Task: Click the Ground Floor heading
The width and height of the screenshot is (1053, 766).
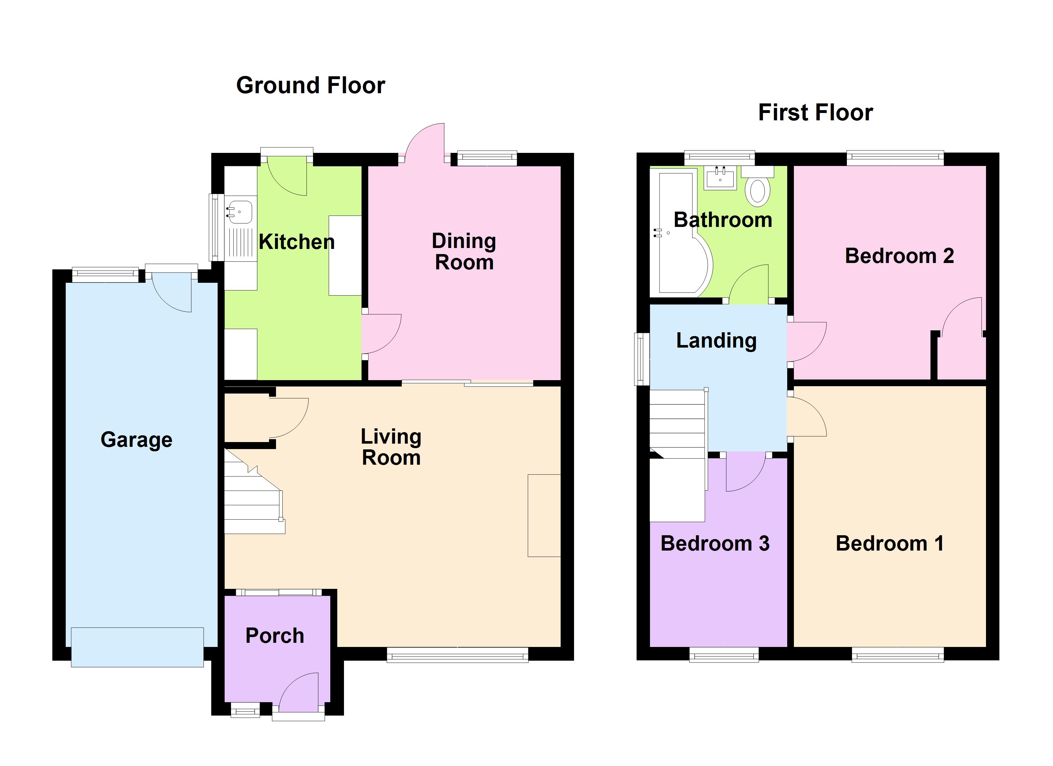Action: (310, 86)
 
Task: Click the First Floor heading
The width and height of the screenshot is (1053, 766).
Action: (815, 112)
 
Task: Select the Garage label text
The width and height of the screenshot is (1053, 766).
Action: (137, 439)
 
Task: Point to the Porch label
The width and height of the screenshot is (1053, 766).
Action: (275, 635)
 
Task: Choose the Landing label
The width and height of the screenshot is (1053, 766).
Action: (716, 341)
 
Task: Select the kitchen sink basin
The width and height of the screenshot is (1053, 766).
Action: (240, 212)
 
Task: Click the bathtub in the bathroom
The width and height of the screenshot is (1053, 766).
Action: (681, 232)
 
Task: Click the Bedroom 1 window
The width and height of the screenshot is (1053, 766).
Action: (898, 656)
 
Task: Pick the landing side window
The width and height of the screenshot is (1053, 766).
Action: (642, 359)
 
